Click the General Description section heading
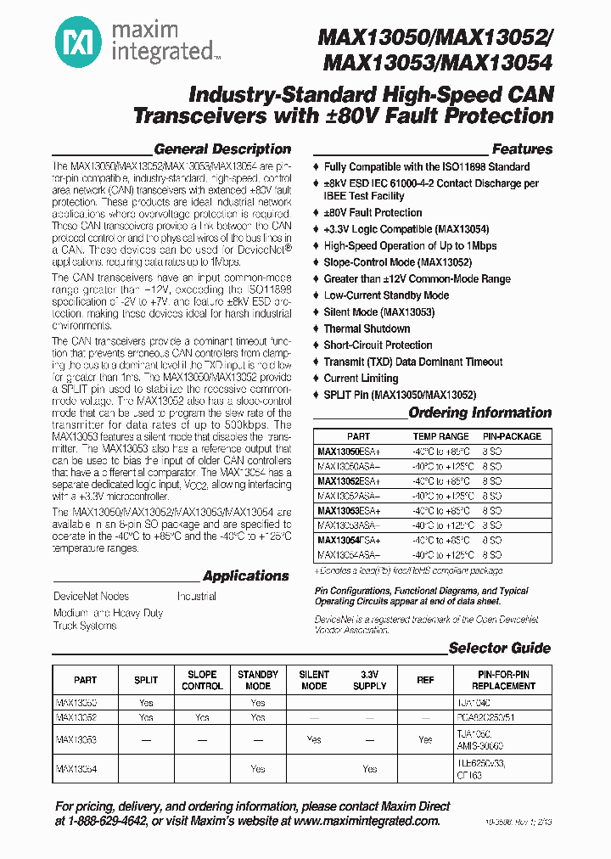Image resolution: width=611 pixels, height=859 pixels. coord(222,149)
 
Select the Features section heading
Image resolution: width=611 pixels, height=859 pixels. coord(521,149)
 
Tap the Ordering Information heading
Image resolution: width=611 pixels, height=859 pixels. coord(479,413)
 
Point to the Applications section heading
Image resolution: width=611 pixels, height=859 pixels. coord(246,575)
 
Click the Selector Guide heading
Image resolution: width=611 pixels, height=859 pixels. coord(499,648)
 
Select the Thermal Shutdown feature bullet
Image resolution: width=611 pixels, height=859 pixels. coord(367,328)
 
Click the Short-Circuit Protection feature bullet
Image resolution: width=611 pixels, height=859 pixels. coord(378,345)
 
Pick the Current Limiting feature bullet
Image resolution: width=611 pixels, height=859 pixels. coord(361,379)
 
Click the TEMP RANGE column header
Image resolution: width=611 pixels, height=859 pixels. coord(441,435)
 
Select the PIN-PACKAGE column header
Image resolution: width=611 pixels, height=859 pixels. coord(512,435)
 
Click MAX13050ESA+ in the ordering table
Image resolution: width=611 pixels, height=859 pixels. coord(349,451)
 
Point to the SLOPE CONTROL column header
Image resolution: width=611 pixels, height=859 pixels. coord(202,680)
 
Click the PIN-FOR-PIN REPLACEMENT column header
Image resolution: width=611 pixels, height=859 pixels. coord(504,680)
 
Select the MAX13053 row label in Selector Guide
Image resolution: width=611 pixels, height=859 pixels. coord(76,739)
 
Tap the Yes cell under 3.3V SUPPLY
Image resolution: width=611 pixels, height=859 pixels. coord(370,768)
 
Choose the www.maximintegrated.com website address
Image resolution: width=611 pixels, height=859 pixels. coord(367,821)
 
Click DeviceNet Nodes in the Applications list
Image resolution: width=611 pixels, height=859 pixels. coord(92,597)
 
